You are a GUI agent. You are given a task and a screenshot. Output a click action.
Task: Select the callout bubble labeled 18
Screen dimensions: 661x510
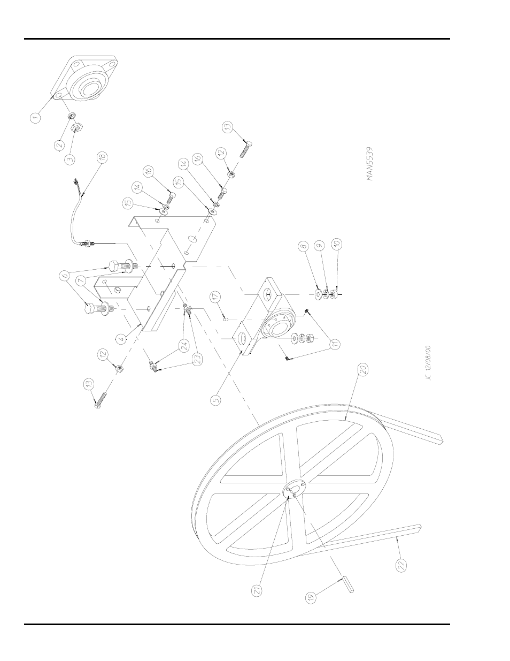(102, 157)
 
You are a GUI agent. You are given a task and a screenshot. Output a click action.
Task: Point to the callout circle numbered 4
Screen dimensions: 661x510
(121, 338)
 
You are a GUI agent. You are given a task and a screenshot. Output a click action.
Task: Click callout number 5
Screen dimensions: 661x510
(215, 399)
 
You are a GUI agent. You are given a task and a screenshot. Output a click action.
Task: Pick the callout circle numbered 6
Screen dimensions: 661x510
(65, 276)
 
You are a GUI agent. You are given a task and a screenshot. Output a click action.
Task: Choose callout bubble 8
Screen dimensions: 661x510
(303, 247)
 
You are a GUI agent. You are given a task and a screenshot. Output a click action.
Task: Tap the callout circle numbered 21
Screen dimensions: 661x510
(257, 591)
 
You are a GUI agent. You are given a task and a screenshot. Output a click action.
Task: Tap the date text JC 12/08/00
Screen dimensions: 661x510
(428, 363)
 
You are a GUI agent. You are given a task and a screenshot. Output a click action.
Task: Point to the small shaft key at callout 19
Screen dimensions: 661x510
(346, 585)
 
